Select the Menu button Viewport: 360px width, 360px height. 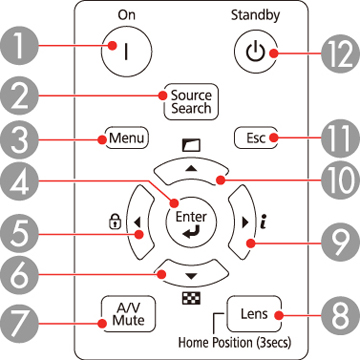pos(124,136)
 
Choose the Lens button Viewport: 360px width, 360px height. pos(250,314)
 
